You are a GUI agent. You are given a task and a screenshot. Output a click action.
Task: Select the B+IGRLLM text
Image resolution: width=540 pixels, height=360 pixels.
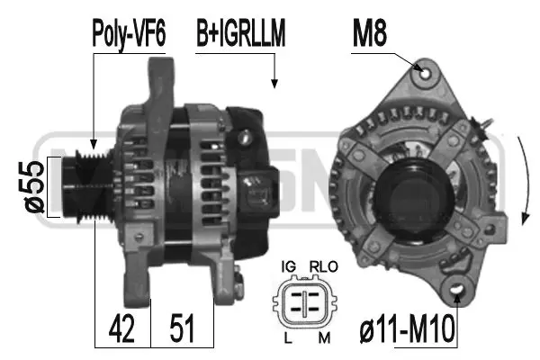tap(241, 33)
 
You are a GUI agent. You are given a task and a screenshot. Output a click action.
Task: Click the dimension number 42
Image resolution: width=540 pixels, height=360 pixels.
tap(123, 329)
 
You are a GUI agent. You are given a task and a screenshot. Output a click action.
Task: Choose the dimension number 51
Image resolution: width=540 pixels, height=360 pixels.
tap(184, 329)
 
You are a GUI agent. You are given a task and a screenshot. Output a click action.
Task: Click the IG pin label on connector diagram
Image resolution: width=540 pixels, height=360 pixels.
tap(289, 267)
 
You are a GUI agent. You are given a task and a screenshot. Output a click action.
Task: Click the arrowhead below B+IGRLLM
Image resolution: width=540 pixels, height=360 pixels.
tap(274, 83)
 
